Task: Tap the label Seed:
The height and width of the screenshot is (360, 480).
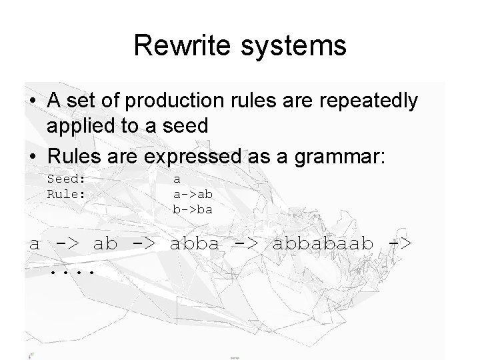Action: [67, 179]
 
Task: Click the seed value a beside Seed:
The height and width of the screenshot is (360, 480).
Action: [177, 179]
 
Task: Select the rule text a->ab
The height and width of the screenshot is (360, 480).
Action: [193, 194]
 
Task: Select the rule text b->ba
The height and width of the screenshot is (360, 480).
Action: [193, 209]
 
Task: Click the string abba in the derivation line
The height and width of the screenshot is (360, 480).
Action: [194, 243]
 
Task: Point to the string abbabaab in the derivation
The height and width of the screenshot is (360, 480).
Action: [323, 243]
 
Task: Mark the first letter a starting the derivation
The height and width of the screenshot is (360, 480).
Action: [34, 243]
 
